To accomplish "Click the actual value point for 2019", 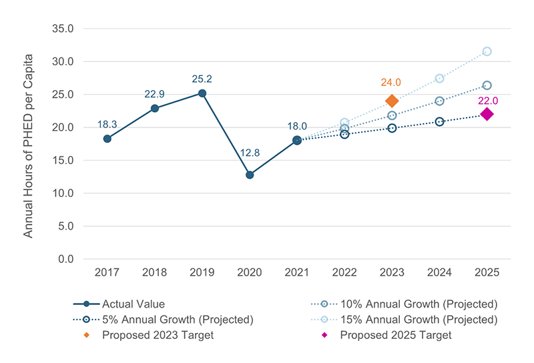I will pos(202,93).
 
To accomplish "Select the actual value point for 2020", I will pos(250,175).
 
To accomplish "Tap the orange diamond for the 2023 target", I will pos(392,101).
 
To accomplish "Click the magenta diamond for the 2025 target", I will pos(487,114).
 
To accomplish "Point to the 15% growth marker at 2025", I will pos(487,51).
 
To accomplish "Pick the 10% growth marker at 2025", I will pos(487,85).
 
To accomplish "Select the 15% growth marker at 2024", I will pos(439,78).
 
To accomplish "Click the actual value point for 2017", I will pos(107,139).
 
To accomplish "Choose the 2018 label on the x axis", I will pos(154,272).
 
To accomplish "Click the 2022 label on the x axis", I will pos(344,272).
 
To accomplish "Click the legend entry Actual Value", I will pos(133,304).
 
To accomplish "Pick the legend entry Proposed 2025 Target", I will pos(395,335).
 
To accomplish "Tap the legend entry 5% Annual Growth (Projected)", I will pos(178,320).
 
